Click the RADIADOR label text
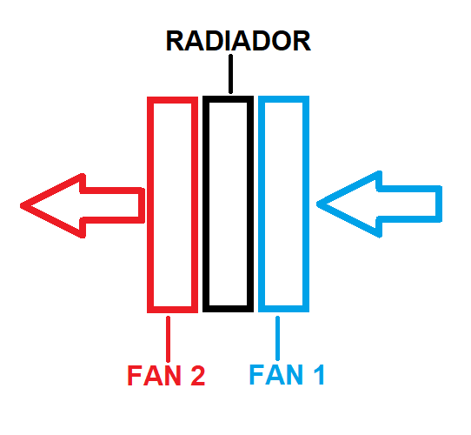(238, 41)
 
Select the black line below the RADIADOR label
(230, 74)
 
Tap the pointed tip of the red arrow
(21, 206)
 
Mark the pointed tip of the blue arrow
(317, 204)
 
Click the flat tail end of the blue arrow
(439, 204)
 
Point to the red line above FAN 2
(168, 339)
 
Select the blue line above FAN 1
(277, 338)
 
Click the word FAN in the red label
(154, 375)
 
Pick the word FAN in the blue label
(275, 374)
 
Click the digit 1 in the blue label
(319, 374)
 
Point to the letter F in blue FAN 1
(256, 374)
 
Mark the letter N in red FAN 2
(172, 375)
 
